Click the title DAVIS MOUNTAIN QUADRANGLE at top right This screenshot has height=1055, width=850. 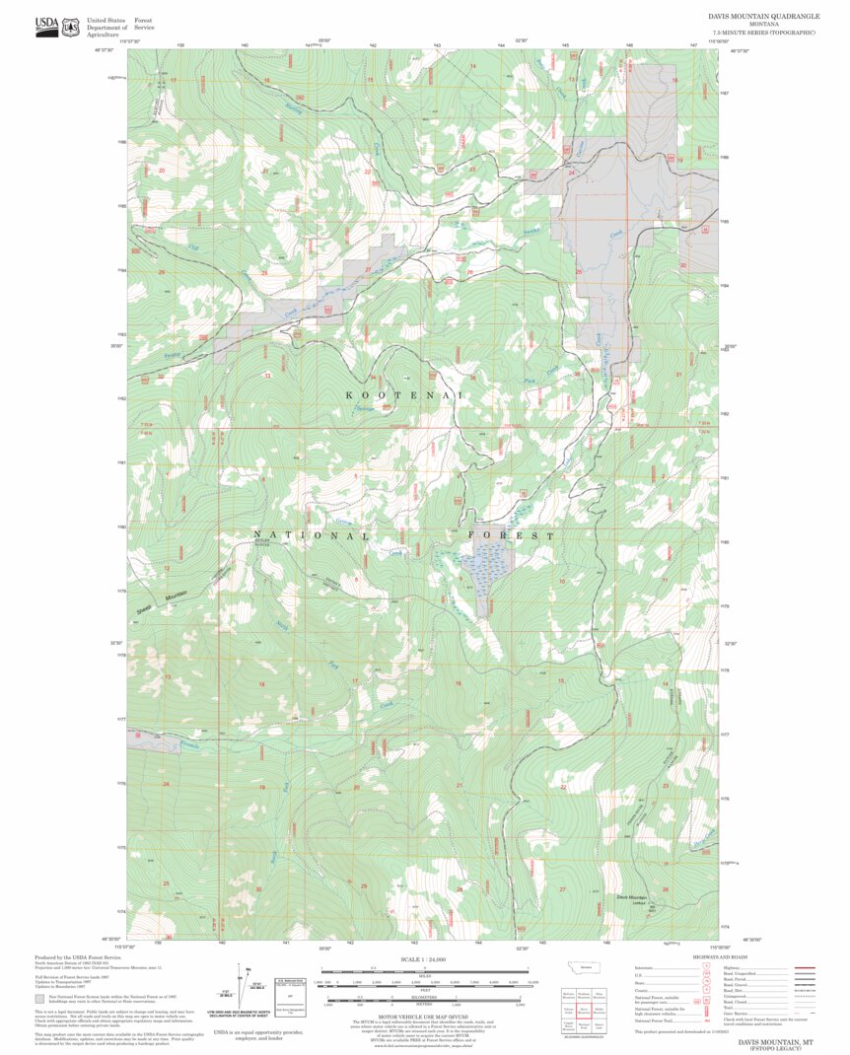(x=762, y=17)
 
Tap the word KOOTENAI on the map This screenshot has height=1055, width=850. (x=403, y=394)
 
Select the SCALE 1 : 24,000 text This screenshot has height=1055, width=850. (x=424, y=959)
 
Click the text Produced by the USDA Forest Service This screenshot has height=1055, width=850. (x=78, y=957)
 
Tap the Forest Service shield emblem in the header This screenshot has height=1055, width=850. (x=70, y=28)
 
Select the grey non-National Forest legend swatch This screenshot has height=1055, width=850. (x=39, y=997)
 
